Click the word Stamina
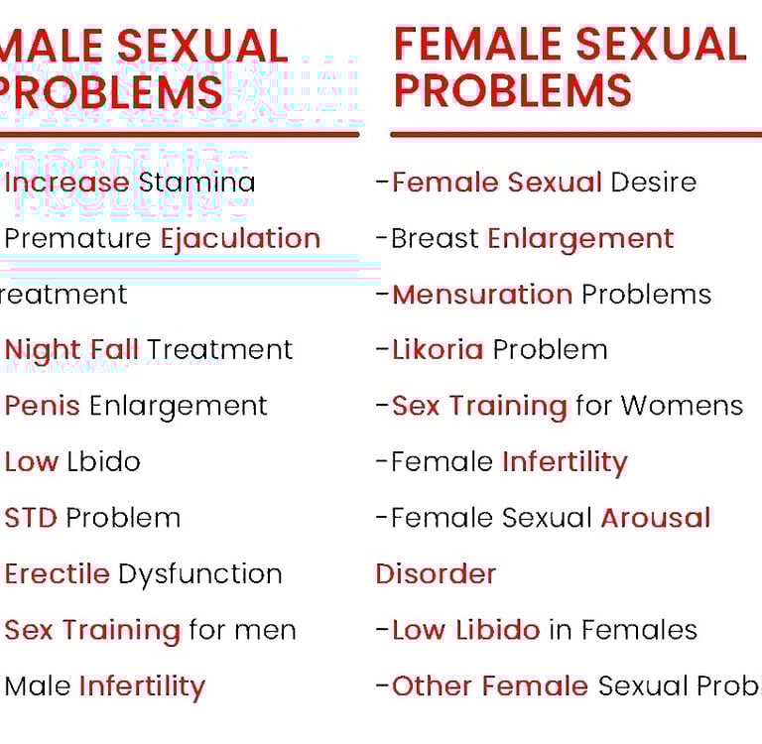[196, 183]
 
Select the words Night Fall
[71, 350]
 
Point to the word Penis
[42, 406]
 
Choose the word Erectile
[57, 573]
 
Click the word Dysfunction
[199, 574]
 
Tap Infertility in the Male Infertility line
[141, 686]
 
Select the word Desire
[653, 183]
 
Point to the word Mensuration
[482, 295]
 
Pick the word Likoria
[438, 350]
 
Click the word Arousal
[656, 518]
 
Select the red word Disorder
[436, 574]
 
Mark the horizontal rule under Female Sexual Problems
[575, 134]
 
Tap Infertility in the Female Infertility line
[565, 462]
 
